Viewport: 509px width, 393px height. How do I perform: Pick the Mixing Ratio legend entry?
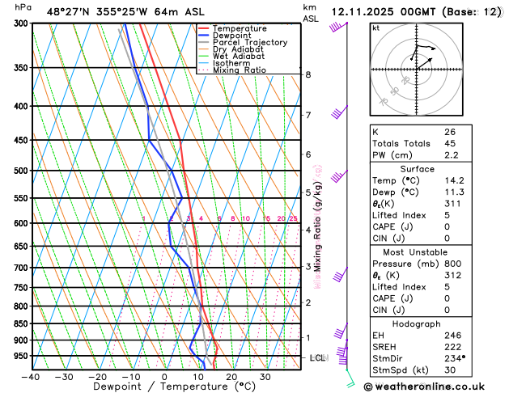coord(239,70)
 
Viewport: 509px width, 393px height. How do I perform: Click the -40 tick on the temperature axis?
coord(32,377)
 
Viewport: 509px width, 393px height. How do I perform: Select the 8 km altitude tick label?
coord(308,75)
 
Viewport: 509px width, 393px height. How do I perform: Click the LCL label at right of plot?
coord(318,357)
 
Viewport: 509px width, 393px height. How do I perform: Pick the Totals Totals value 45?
coord(450,143)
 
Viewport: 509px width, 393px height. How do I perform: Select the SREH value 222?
coord(452,346)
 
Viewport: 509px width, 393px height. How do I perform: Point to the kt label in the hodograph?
coord(375,27)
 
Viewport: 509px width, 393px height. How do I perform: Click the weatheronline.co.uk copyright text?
coord(437,386)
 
